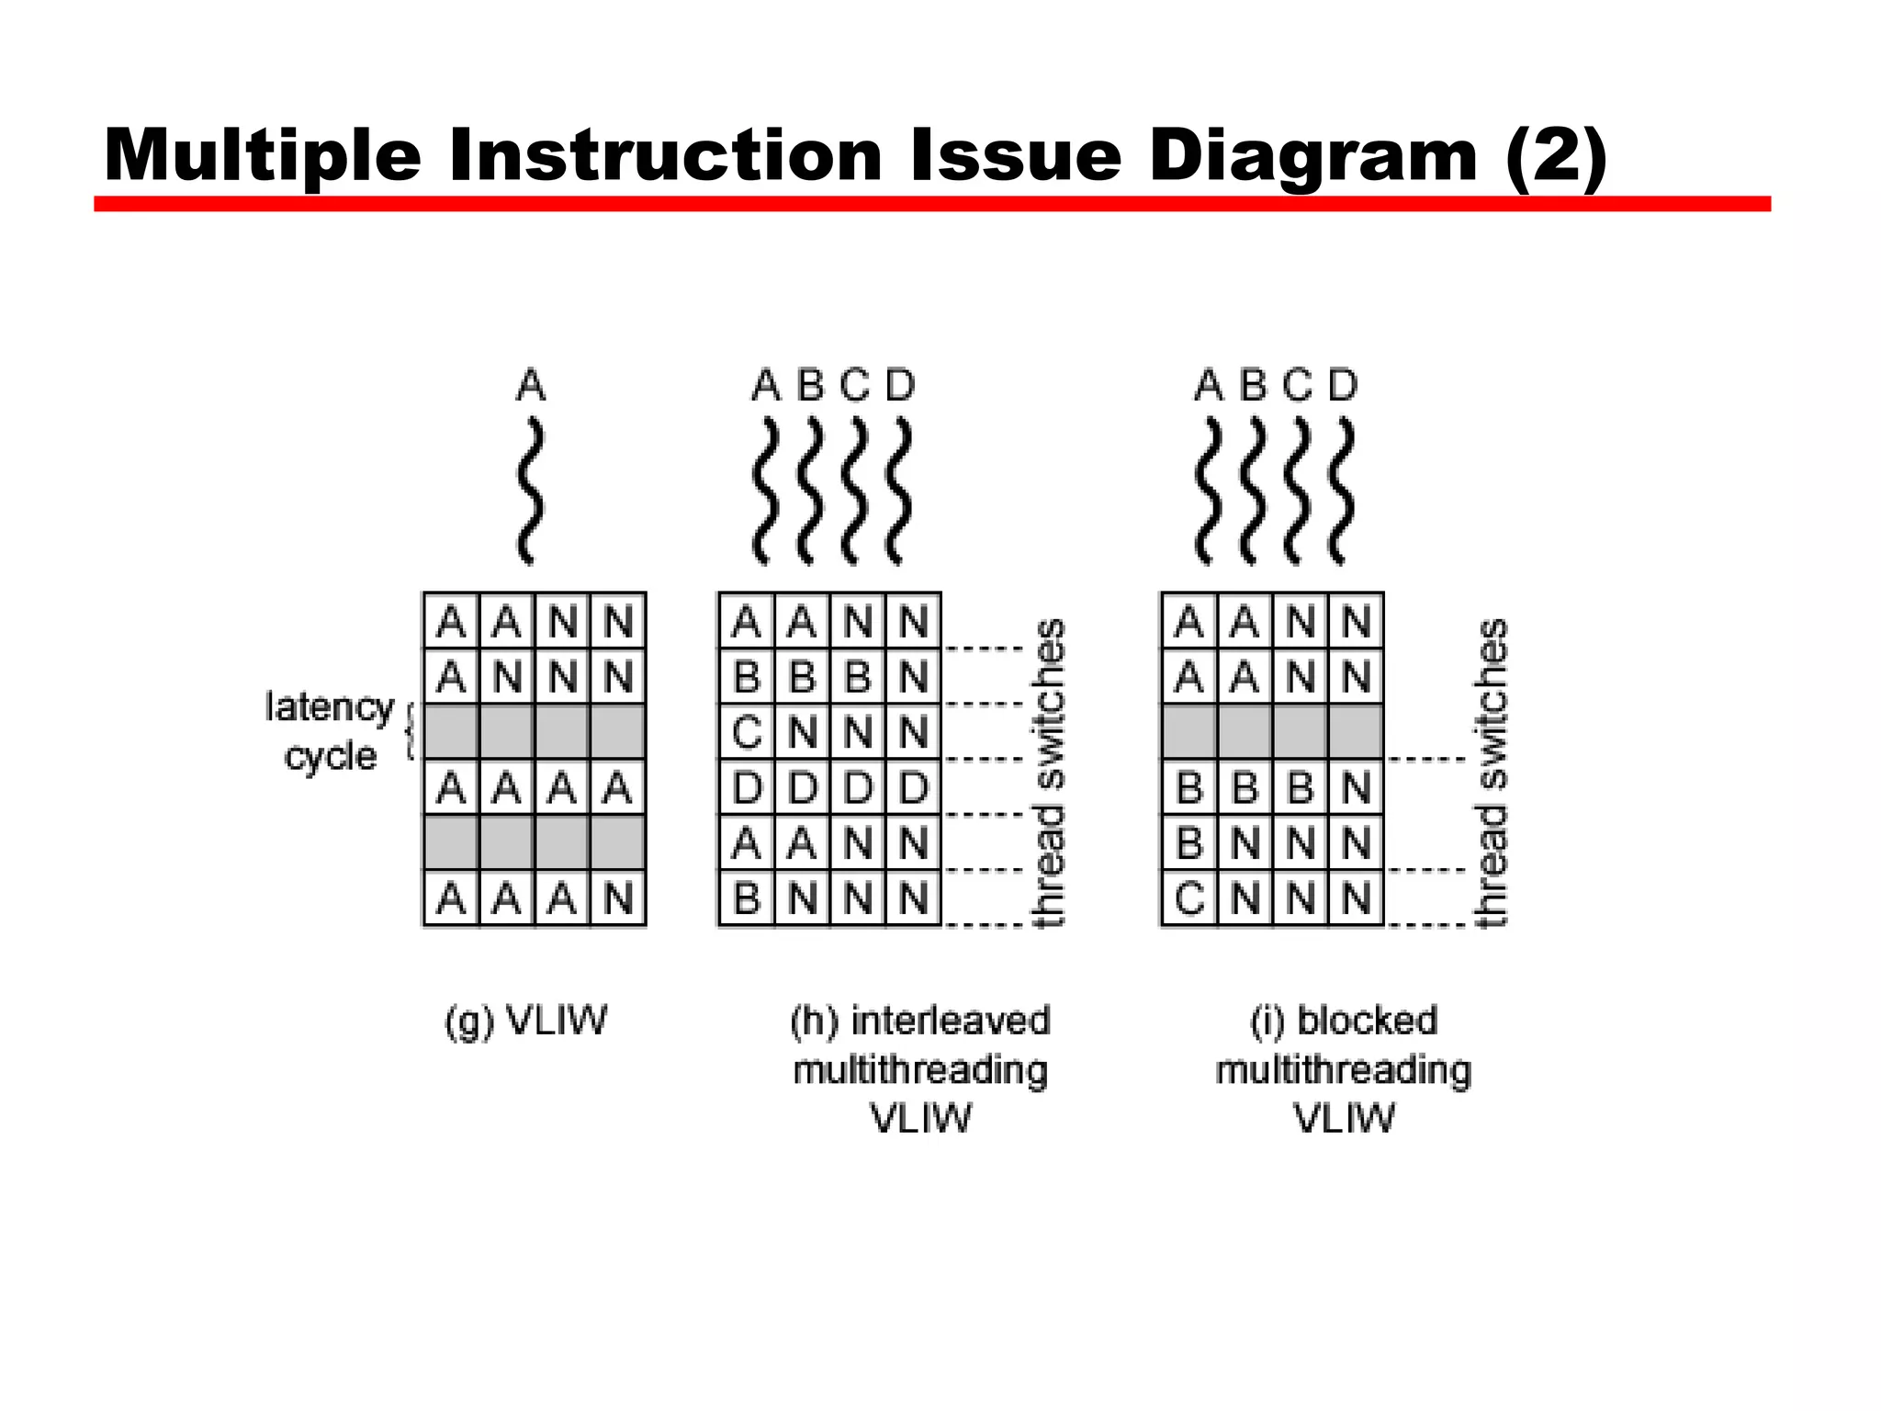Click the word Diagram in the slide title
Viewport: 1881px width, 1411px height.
[x=1312, y=156]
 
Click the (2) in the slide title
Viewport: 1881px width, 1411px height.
[x=1556, y=156]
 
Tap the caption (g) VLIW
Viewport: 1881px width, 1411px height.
[x=525, y=1021]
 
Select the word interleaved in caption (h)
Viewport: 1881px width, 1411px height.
[x=950, y=1021]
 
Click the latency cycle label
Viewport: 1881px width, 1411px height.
[x=330, y=731]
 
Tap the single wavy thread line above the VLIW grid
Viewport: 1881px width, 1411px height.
[x=530, y=491]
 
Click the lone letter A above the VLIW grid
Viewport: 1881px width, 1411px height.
[x=531, y=385]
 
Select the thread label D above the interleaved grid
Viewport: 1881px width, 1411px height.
[x=900, y=385]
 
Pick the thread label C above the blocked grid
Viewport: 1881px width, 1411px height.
[x=1298, y=385]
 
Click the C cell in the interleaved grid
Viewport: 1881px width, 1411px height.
[x=747, y=732]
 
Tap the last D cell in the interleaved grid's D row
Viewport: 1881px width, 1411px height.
[x=913, y=787]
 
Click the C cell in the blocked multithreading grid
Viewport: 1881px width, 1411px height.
[x=1189, y=897]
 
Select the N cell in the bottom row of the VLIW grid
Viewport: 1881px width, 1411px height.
[x=618, y=897]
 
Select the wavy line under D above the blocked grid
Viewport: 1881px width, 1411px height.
[x=1342, y=491]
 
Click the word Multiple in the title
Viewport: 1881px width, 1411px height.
[x=263, y=156]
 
